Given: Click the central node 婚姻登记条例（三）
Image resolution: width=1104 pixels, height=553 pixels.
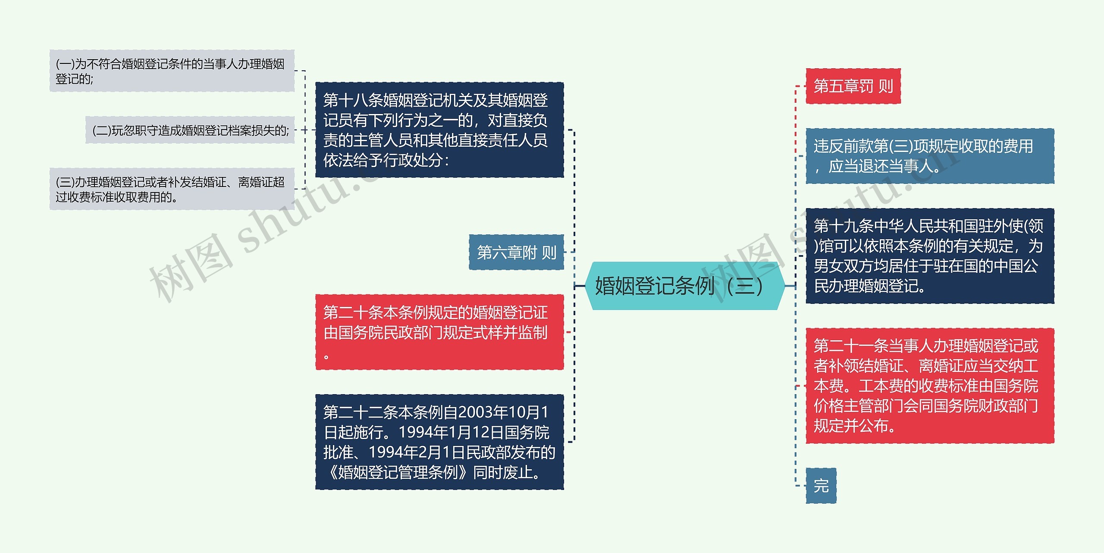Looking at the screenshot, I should coord(684,286).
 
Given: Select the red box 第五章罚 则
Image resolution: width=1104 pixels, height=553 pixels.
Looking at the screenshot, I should coord(853,86).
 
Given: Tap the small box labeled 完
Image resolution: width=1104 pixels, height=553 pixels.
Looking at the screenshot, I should coord(821,486).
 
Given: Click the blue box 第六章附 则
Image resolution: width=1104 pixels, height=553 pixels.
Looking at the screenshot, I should coord(516,252).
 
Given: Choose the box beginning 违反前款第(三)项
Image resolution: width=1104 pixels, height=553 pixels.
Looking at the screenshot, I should coord(929,156).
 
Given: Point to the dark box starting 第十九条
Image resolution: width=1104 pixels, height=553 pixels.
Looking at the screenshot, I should coord(929,256).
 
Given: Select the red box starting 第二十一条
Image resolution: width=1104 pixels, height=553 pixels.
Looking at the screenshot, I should coord(929,386).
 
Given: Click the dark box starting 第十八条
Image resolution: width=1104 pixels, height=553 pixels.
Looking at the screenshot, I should coord(439,130).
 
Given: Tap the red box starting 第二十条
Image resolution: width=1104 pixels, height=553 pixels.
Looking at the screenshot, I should coord(439,332).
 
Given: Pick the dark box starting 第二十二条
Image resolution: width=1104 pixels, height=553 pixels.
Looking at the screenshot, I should coord(439,442).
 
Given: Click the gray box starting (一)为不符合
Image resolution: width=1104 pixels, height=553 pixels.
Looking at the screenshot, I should coord(172,71).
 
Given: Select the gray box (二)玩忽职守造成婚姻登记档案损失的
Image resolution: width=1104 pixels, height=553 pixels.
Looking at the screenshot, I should coord(190,130).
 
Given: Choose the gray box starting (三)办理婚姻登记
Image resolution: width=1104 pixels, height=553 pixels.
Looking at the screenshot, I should coord(172,189).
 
